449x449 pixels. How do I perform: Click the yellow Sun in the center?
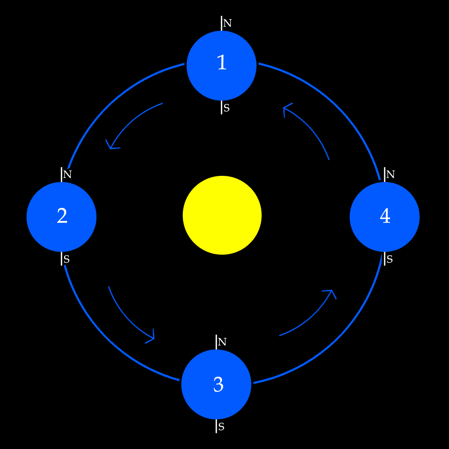coord(222,215)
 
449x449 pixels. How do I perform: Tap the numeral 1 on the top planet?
coord(222,63)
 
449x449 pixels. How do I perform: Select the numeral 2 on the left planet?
coord(62,216)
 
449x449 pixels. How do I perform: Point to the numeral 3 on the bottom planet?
coord(218,385)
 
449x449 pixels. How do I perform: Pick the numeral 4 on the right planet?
coord(385,216)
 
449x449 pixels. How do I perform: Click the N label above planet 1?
coord(227,23)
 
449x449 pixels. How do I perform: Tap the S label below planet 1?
coord(226,108)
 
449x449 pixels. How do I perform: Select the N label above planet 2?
coord(67,175)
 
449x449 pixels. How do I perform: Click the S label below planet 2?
coord(67,259)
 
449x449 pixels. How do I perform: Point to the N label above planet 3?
coord(222,342)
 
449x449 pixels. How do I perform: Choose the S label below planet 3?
coord(221,427)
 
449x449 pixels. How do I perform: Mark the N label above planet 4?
coord(390,175)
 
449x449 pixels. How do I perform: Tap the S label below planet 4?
coord(389,259)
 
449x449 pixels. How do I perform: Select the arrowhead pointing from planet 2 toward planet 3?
coord(152,338)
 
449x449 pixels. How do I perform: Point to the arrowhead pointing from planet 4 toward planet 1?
coord(286,107)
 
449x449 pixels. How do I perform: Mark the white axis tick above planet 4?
coord(385,174)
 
